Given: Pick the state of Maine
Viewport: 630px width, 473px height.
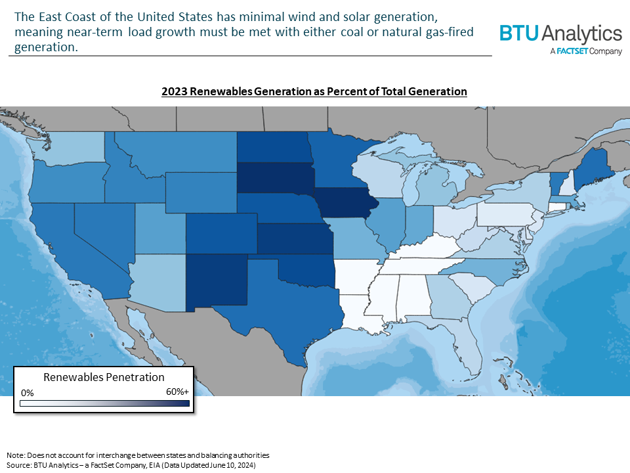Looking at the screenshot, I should click(x=591, y=167).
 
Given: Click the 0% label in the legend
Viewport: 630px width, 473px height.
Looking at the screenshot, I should click(x=28, y=392).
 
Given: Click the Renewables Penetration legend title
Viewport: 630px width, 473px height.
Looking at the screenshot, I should click(x=104, y=378).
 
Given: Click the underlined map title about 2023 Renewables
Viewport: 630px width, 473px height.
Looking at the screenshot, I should click(x=314, y=92).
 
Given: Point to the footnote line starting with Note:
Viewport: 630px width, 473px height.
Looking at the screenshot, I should click(x=138, y=455).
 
